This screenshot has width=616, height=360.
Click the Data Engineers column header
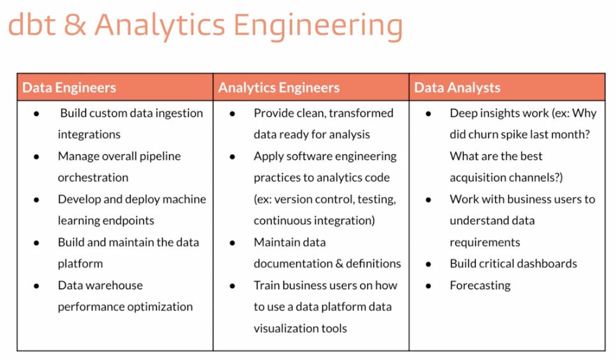tap(69, 88)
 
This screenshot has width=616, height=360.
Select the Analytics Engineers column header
tap(279, 88)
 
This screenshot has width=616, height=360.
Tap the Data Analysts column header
tap(457, 88)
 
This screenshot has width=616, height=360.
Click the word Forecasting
tap(480, 285)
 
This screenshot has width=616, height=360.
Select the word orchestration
tap(93, 178)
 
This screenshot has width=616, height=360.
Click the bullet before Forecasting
tap(429, 285)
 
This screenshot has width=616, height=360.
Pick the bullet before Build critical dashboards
tap(429, 264)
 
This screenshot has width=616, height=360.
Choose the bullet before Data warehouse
tap(37, 285)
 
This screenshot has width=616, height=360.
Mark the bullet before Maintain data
tap(233, 242)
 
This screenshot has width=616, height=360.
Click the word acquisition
tap(482, 178)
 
